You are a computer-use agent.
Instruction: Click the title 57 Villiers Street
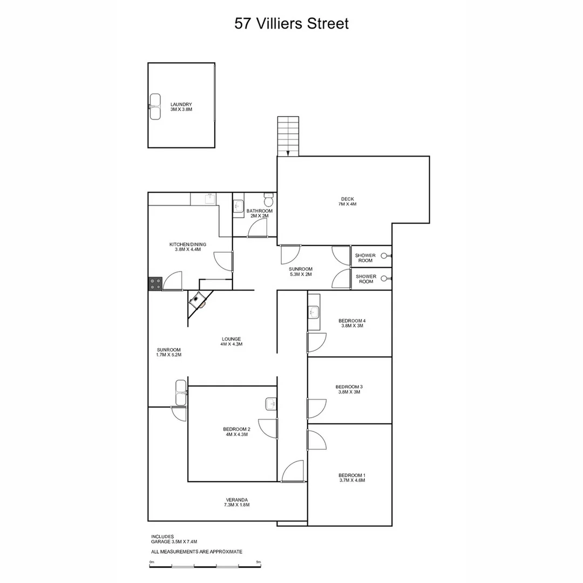pyautogui.click(x=291, y=24)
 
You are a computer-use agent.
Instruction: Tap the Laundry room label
pyautogui.click(x=181, y=107)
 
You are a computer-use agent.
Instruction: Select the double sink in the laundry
pyautogui.click(x=155, y=106)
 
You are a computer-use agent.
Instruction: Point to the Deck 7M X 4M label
pyautogui.click(x=347, y=201)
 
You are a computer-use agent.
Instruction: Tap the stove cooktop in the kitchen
pyautogui.click(x=155, y=283)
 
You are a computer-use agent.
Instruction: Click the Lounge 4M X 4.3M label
pyautogui.click(x=231, y=341)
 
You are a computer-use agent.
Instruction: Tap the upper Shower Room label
pyautogui.click(x=365, y=257)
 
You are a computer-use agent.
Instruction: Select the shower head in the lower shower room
pyautogui.click(x=385, y=279)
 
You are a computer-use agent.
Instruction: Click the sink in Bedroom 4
pyautogui.click(x=314, y=312)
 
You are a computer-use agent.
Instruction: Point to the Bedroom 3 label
pyautogui.click(x=349, y=389)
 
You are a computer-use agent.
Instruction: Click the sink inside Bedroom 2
pyautogui.click(x=271, y=404)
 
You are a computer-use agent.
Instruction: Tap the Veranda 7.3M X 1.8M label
pyautogui.click(x=236, y=502)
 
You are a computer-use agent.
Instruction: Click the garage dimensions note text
pyautogui.click(x=174, y=541)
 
